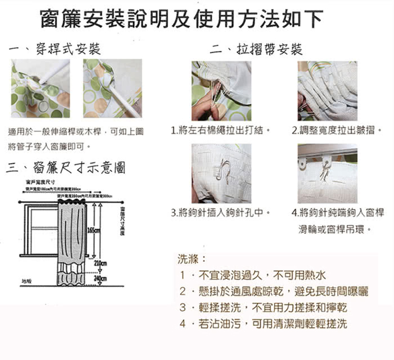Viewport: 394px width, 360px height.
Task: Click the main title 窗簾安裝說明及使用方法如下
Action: click(x=181, y=19)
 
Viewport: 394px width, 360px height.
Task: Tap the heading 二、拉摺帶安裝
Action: click(x=256, y=50)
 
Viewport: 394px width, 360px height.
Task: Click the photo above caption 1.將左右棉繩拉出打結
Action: click(x=221, y=90)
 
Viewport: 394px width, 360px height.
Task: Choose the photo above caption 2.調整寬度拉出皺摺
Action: click(x=327, y=90)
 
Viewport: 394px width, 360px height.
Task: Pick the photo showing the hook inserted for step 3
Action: click(x=221, y=173)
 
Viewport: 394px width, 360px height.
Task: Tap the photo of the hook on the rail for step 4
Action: click(x=327, y=173)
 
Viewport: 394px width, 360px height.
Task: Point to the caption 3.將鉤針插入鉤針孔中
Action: click(x=221, y=213)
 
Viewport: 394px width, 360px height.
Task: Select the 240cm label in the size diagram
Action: click(x=101, y=279)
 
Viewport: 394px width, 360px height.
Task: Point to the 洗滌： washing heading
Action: click(x=188, y=259)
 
